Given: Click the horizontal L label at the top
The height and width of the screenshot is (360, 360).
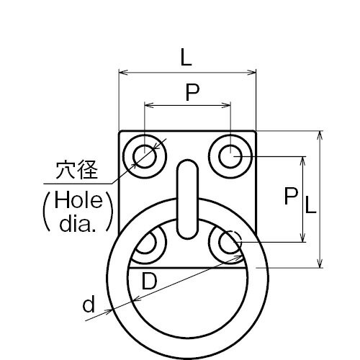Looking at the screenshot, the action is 186,57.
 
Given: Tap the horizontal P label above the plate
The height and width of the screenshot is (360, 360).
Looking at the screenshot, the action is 193,92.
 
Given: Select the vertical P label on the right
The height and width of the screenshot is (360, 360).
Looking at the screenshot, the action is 291,196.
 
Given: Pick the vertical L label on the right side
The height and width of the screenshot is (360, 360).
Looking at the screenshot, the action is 311,204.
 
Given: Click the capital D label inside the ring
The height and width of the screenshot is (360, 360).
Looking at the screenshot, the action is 149,281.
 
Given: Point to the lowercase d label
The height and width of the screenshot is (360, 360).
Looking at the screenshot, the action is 89,304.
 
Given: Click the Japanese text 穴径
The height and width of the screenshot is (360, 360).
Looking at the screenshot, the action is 77,170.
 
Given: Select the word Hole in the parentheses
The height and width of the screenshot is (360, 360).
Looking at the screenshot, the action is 78,200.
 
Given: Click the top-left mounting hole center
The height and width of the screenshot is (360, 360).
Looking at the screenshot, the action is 145,156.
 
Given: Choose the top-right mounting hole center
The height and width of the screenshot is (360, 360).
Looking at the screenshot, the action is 230,156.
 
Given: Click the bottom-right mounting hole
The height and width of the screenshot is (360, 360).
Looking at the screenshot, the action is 230,243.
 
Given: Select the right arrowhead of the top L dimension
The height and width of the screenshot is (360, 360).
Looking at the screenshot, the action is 251,73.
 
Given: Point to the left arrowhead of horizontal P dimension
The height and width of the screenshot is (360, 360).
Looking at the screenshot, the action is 149,105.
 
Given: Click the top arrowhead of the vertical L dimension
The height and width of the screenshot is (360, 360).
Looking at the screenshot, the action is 320,135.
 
